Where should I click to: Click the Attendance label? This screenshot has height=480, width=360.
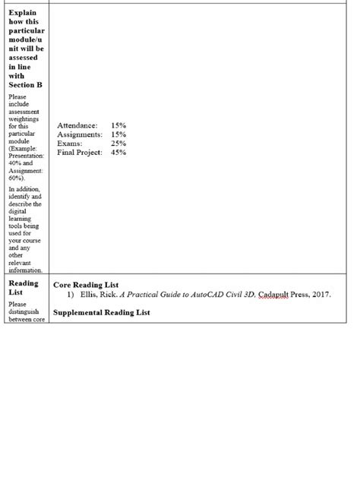[x=77, y=125]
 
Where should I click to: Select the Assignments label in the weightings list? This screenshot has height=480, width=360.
[x=80, y=134]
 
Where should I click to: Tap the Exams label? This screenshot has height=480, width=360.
[x=70, y=143]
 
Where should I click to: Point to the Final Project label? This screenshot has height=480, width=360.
[x=80, y=152]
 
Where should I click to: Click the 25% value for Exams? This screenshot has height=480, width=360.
[x=118, y=143]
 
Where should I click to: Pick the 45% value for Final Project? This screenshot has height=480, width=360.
[x=118, y=152]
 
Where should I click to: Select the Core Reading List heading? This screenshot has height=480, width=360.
[x=86, y=285]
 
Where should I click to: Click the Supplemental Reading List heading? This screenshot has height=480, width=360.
[x=102, y=312]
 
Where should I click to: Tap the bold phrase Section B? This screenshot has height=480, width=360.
[x=25, y=84]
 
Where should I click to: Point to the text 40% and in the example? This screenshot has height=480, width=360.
[x=21, y=163]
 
